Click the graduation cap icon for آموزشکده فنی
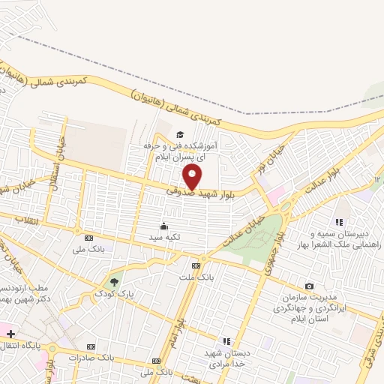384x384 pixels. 179,134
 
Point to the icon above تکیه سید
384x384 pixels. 164,225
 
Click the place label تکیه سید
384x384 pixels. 165,238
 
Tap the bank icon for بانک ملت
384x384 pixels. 196,265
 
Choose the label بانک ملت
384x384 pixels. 193,277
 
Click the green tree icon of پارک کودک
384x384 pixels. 114,282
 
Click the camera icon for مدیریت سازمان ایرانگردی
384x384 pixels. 309,286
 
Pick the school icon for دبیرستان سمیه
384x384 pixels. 339,221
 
